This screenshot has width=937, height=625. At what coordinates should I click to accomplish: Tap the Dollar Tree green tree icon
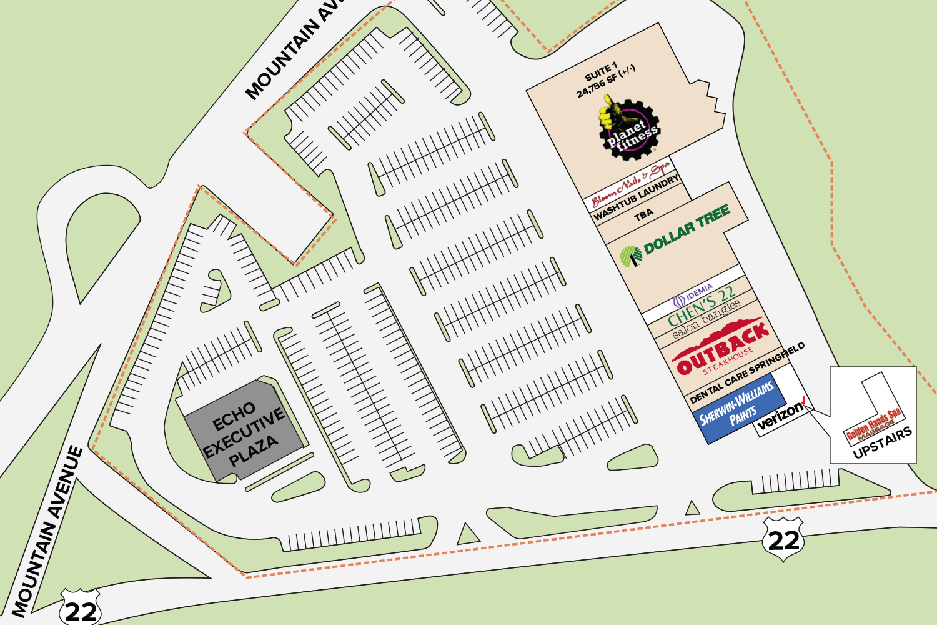coord(630,256)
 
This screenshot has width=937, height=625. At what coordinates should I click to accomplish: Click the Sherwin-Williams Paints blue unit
coord(737,407)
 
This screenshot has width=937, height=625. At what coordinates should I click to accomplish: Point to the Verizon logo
coord(781,414)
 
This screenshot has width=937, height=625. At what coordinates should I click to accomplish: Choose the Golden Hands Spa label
coord(873,426)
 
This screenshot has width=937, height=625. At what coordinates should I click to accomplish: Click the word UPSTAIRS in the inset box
coord(882,443)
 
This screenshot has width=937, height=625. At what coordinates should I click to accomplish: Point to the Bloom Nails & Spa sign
coord(630,184)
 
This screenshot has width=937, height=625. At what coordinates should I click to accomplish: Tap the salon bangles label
coord(706,320)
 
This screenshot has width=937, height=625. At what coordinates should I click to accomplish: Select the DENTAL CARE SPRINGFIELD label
coord(747,372)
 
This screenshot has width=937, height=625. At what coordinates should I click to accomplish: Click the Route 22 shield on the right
coord(783,539)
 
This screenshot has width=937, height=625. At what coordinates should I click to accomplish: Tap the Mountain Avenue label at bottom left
coord(47,531)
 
